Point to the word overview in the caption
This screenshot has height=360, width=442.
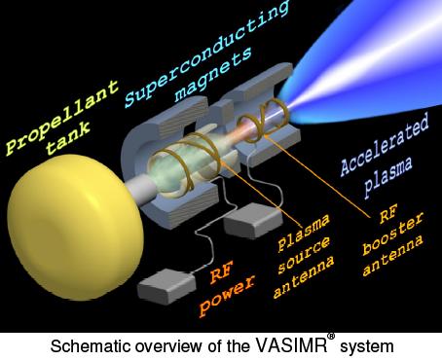167,345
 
